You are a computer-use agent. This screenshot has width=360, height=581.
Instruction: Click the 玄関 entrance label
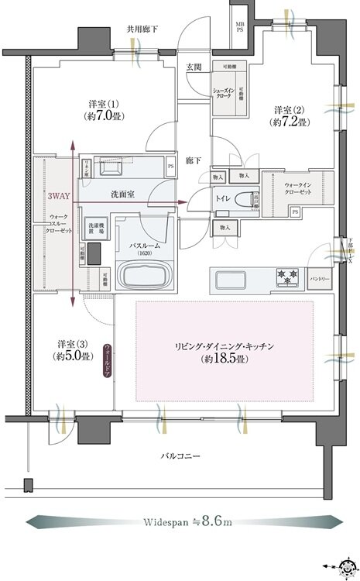194,67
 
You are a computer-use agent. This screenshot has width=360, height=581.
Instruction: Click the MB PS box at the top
241,28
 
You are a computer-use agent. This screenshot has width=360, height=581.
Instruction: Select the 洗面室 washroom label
123,193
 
